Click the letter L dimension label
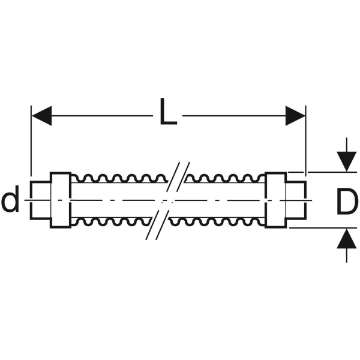(x=168, y=112)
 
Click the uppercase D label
(x=347, y=202)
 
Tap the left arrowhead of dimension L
(x=41, y=116)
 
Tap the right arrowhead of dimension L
(x=295, y=116)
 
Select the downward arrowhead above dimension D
(x=347, y=161)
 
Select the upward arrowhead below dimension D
(x=347, y=239)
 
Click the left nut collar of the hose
(x=61, y=200)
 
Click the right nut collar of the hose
(x=276, y=200)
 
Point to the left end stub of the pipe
(x=40, y=200)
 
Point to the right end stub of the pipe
(x=296, y=200)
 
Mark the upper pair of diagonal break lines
(x=178, y=177)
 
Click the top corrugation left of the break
(x=119, y=178)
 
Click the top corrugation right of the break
(x=225, y=178)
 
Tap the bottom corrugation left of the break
(x=110, y=222)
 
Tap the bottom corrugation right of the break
(x=217, y=222)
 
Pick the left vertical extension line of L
(x=31, y=141)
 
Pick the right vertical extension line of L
(x=306, y=141)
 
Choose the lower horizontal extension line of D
(x=323, y=228)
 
